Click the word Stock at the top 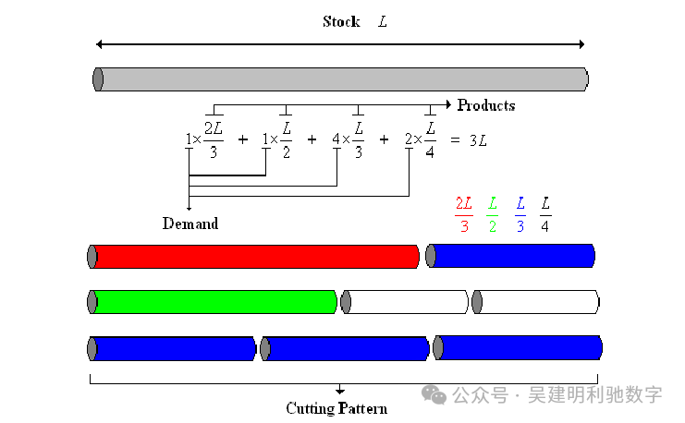(341, 21)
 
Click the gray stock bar (341, 79)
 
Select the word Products (486, 105)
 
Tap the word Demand (190, 224)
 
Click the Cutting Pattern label (336, 408)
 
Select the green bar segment (214, 301)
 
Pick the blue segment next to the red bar (511, 256)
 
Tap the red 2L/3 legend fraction (463, 213)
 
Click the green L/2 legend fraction (492, 213)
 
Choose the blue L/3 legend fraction (520, 213)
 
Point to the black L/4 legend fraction (545, 213)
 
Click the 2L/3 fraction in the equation (213, 139)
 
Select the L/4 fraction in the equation (431, 139)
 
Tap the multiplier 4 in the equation (336, 140)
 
